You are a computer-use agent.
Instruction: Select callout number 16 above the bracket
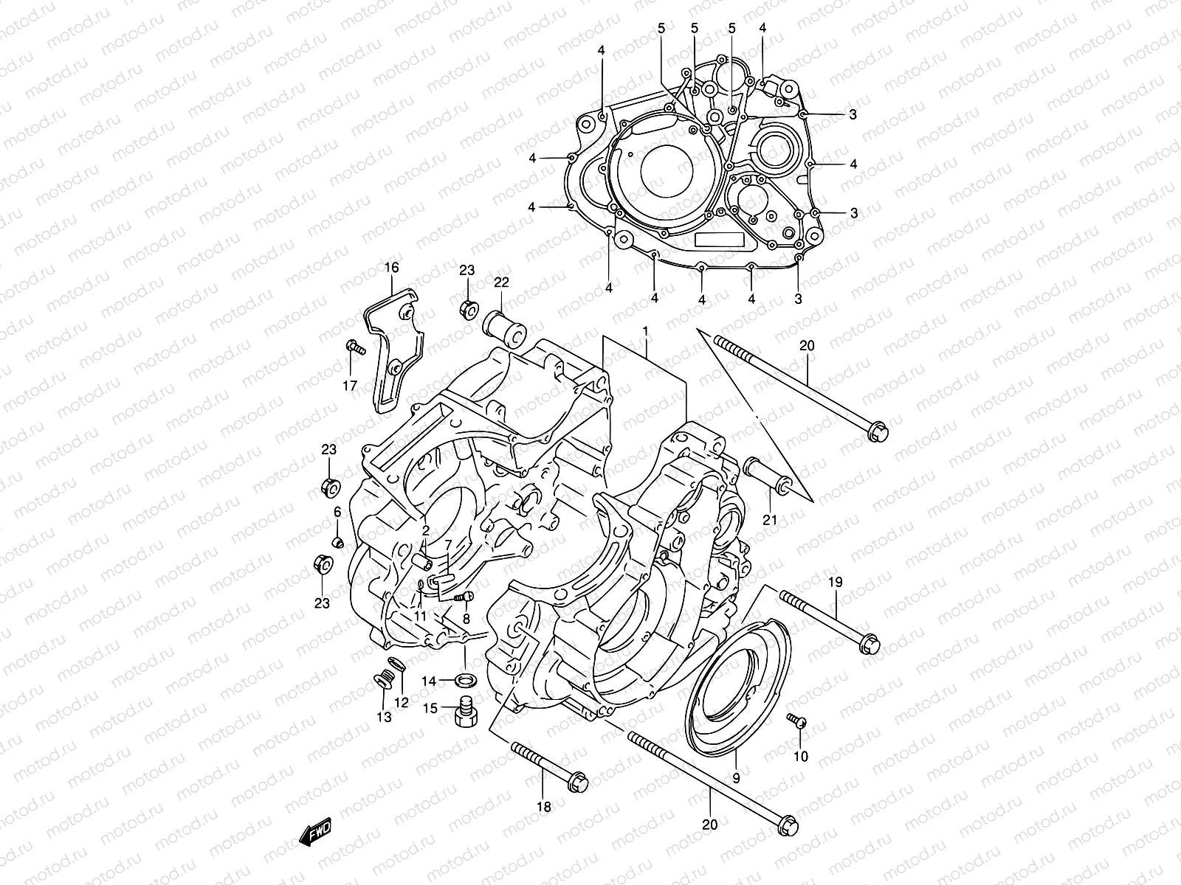pyautogui.click(x=390, y=267)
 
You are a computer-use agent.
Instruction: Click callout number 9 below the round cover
pyautogui.click(x=736, y=777)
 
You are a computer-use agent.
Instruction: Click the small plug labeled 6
pyautogui.click(x=338, y=544)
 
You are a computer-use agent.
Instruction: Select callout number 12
pyautogui.click(x=401, y=703)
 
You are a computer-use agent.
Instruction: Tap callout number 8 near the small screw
pyautogui.click(x=466, y=619)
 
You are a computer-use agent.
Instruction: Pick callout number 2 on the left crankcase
pyautogui.click(x=426, y=530)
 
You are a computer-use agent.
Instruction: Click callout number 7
pyautogui.click(x=447, y=544)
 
